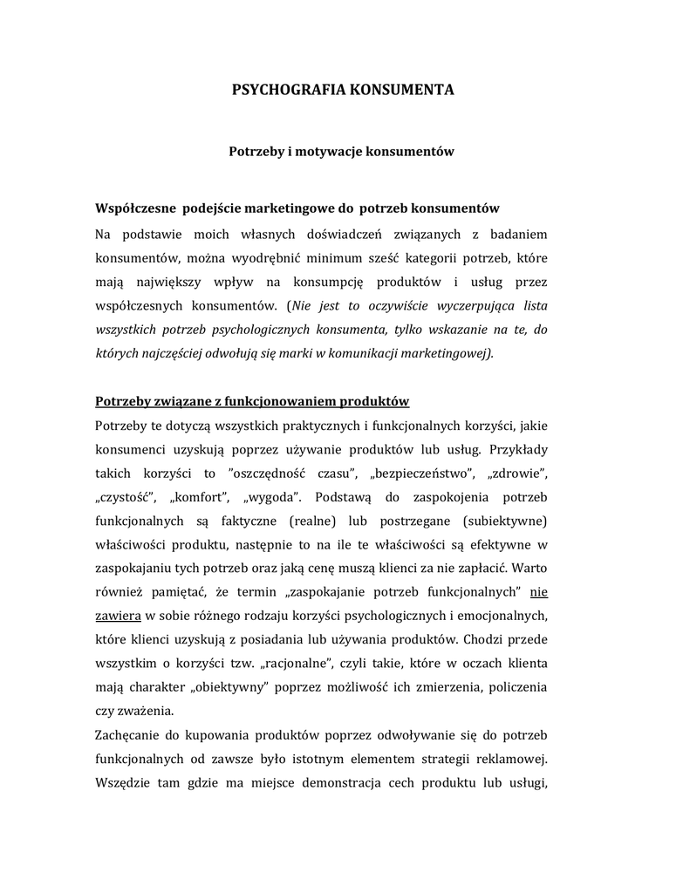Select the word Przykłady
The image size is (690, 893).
(x=519, y=450)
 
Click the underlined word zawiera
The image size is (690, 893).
(x=117, y=615)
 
